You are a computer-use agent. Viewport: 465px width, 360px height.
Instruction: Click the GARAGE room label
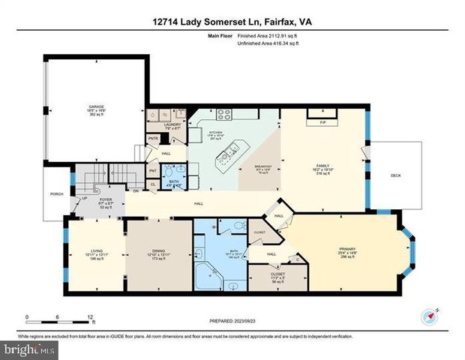tap(96, 107)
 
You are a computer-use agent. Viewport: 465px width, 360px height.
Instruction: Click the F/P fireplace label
tap(322, 122)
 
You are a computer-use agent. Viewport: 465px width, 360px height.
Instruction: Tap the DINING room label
tap(157, 252)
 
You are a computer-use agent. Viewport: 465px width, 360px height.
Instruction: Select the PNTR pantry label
tap(152, 138)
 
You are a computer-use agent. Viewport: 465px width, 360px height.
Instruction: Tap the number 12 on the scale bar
tap(91, 316)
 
